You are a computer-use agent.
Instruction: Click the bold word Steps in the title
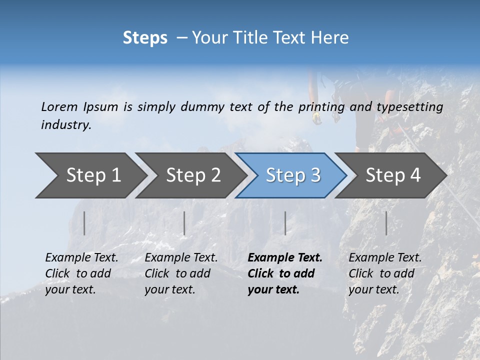[145, 38]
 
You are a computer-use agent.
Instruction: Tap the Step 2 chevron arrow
[192, 175]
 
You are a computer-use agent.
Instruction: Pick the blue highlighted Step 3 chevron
[292, 175]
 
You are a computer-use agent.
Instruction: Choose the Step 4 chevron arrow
[392, 175]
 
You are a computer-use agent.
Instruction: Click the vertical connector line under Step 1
[84, 223]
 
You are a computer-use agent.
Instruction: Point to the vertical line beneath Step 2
[184, 223]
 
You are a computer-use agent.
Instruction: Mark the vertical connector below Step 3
[285, 223]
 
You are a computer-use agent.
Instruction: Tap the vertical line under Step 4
[386, 223]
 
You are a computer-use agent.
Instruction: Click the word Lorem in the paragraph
[59, 107]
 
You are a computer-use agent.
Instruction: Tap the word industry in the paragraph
[66, 125]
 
